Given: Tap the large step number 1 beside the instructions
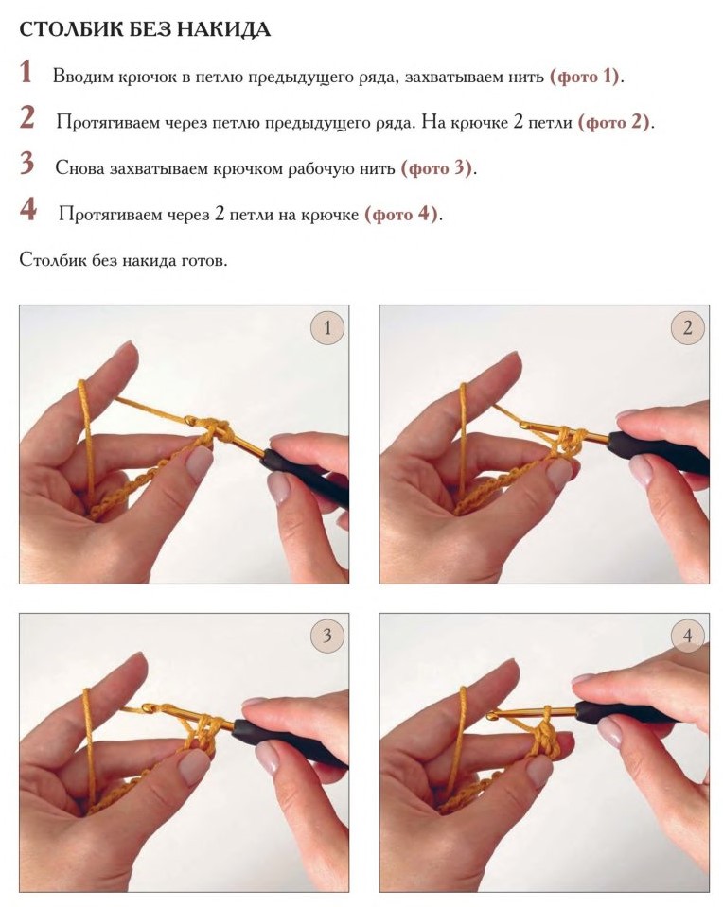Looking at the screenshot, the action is [26, 72].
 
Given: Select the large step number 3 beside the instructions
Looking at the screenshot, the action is [26, 163].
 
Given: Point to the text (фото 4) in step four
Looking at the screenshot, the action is [400, 215].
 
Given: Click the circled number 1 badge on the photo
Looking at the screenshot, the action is [327, 328].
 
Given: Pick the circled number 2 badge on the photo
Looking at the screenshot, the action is [688, 328].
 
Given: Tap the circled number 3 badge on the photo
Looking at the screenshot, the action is [327, 636].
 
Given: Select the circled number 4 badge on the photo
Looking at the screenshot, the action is [688, 636].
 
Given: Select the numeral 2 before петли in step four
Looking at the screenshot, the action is [219, 215].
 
